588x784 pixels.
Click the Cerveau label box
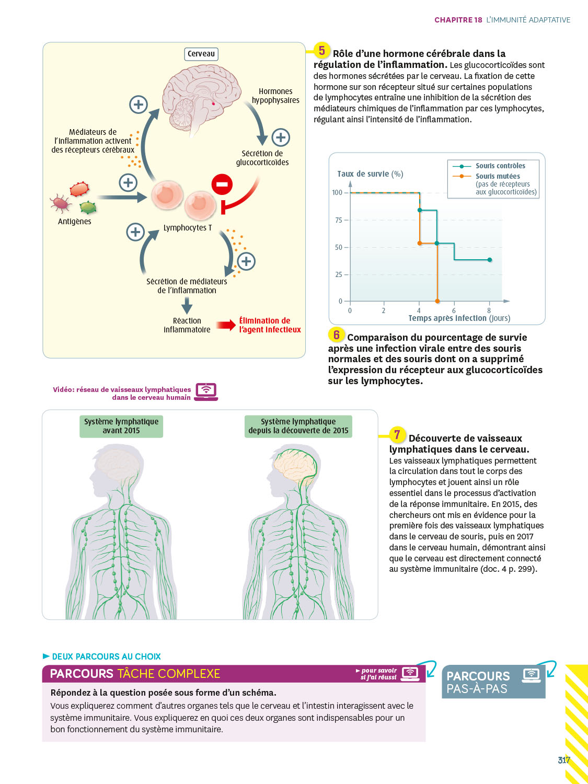click(201, 54)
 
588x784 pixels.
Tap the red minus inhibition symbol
click(222, 184)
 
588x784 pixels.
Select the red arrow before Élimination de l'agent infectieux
click(226, 325)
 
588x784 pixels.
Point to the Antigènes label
click(74, 222)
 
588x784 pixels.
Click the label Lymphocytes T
click(188, 228)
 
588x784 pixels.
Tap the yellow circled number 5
click(322, 51)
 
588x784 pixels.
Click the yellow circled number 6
click(337, 335)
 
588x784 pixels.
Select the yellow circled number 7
click(397, 434)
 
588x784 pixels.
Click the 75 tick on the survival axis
click(339, 220)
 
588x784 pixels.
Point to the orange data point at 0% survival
click(437, 301)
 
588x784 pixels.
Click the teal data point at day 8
click(490, 260)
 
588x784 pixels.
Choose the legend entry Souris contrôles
click(500, 166)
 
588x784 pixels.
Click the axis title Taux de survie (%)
click(370, 174)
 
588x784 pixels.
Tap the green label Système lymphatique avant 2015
click(121, 426)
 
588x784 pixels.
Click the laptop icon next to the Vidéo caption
click(206, 391)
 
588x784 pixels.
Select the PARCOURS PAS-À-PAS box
click(493, 682)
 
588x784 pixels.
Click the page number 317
click(563, 760)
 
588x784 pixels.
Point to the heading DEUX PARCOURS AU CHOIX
click(106, 656)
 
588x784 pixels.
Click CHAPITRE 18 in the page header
click(458, 20)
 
